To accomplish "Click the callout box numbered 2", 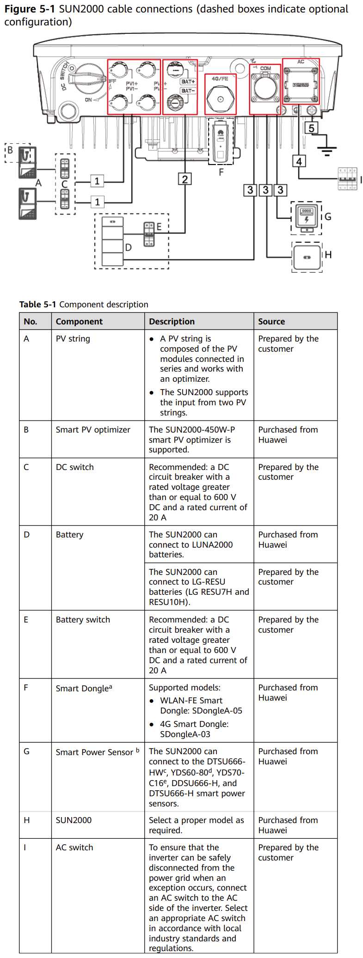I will [x=185, y=179].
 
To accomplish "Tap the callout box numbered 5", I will [x=311, y=128].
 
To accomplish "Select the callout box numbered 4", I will [x=299, y=161].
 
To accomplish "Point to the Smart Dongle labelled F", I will [x=221, y=141].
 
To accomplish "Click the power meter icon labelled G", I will [x=306, y=217].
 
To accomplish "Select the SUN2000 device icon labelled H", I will [x=307, y=257].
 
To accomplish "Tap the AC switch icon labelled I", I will [x=348, y=179].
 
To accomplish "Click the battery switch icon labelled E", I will [x=149, y=234].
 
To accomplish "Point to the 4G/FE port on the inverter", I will [x=220, y=98].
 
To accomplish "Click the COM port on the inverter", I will [x=265, y=88].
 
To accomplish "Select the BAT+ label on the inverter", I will [x=188, y=81].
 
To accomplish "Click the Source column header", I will [x=271, y=321].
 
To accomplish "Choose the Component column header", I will [x=79, y=321].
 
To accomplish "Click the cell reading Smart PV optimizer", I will [x=93, y=429].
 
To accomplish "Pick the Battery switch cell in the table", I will [x=83, y=620].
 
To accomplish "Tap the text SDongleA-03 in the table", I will [x=185, y=734].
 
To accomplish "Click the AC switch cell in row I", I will [x=74, y=847].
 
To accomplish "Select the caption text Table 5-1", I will [x=37, y=304].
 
